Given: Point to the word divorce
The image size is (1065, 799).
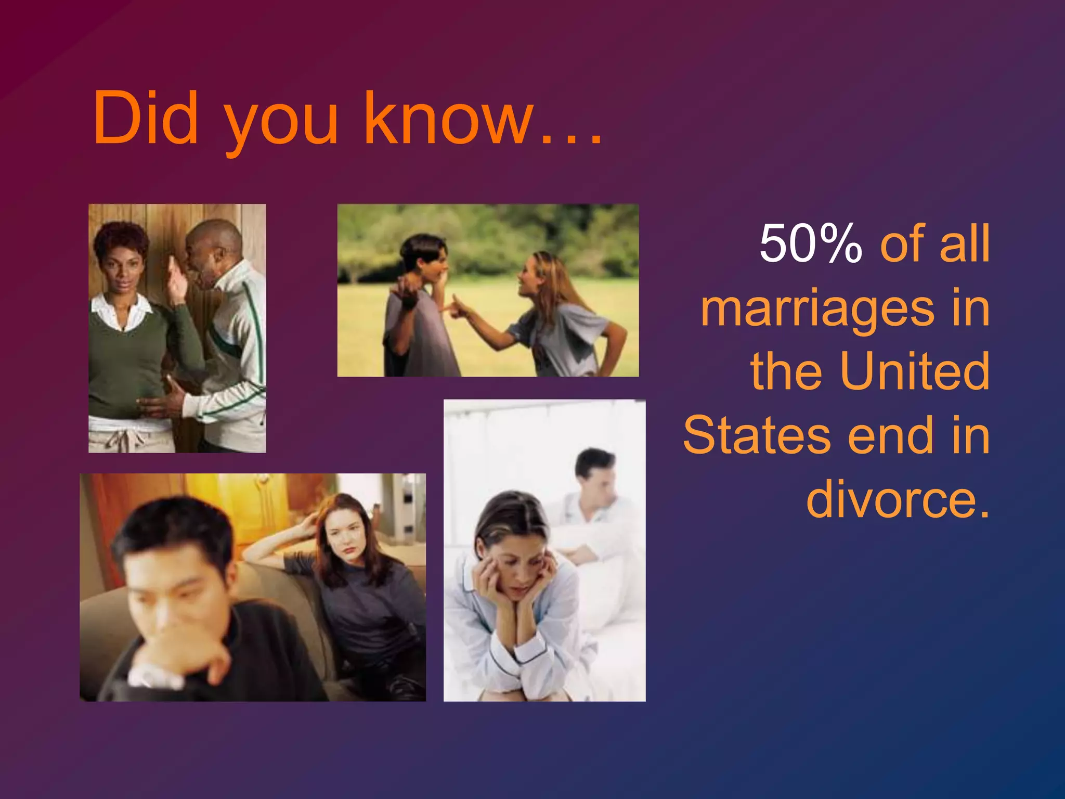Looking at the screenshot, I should [897, 499].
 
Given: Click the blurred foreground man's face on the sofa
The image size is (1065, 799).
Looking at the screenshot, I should [172, 588].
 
